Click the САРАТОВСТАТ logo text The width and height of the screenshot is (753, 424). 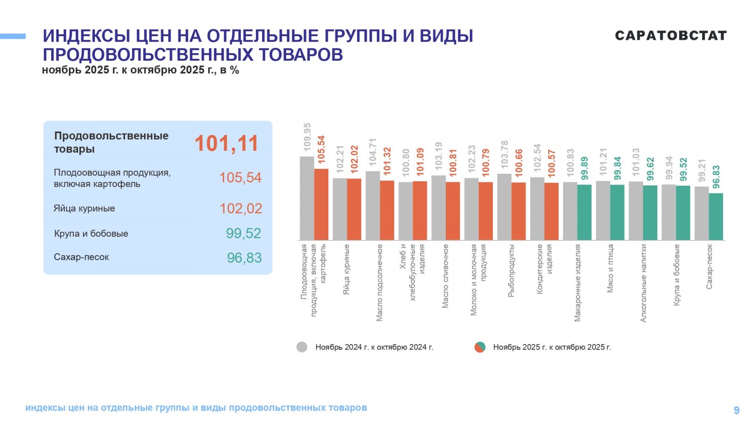(x=671, y=36)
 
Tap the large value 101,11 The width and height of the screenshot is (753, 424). (x=226, y=143)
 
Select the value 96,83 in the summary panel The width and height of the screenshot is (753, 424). (x=244, y=258)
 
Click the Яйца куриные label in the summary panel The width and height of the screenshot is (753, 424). (x=84, y=208)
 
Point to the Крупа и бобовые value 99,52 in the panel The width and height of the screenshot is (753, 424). (x=243, y=233)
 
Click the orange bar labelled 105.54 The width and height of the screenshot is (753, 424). (x=321, y=204)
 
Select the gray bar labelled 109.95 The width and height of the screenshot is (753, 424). (x=307, y=198)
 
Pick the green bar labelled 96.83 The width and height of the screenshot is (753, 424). (x=716, y=217)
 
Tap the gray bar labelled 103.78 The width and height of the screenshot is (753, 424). (x=504, y=207)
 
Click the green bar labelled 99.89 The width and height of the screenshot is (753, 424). (x=584, y=213)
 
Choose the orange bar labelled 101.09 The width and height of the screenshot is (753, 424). (x=420, y=210)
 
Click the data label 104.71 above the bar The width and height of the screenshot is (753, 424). (x=372, y=152)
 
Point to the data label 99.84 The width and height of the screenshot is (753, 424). (x=617, y=168)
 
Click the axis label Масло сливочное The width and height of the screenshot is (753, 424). (x=445, y=276)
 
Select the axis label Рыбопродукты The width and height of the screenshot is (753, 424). (x=511, y=271)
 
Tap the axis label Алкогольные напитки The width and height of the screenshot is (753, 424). (x=644, y=283)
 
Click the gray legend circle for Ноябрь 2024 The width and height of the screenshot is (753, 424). (x=302, y=347)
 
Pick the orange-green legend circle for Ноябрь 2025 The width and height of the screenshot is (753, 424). (x=480, y=347)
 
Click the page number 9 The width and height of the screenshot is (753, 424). (x=736, y=410)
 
